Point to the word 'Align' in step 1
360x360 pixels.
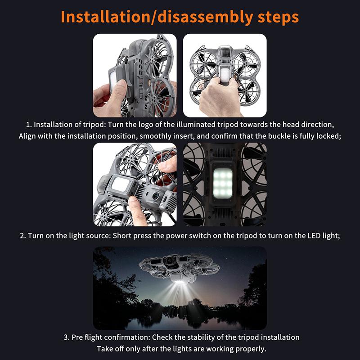(x=27, y=136)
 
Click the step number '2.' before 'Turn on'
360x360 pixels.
(x=23, y=235)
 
